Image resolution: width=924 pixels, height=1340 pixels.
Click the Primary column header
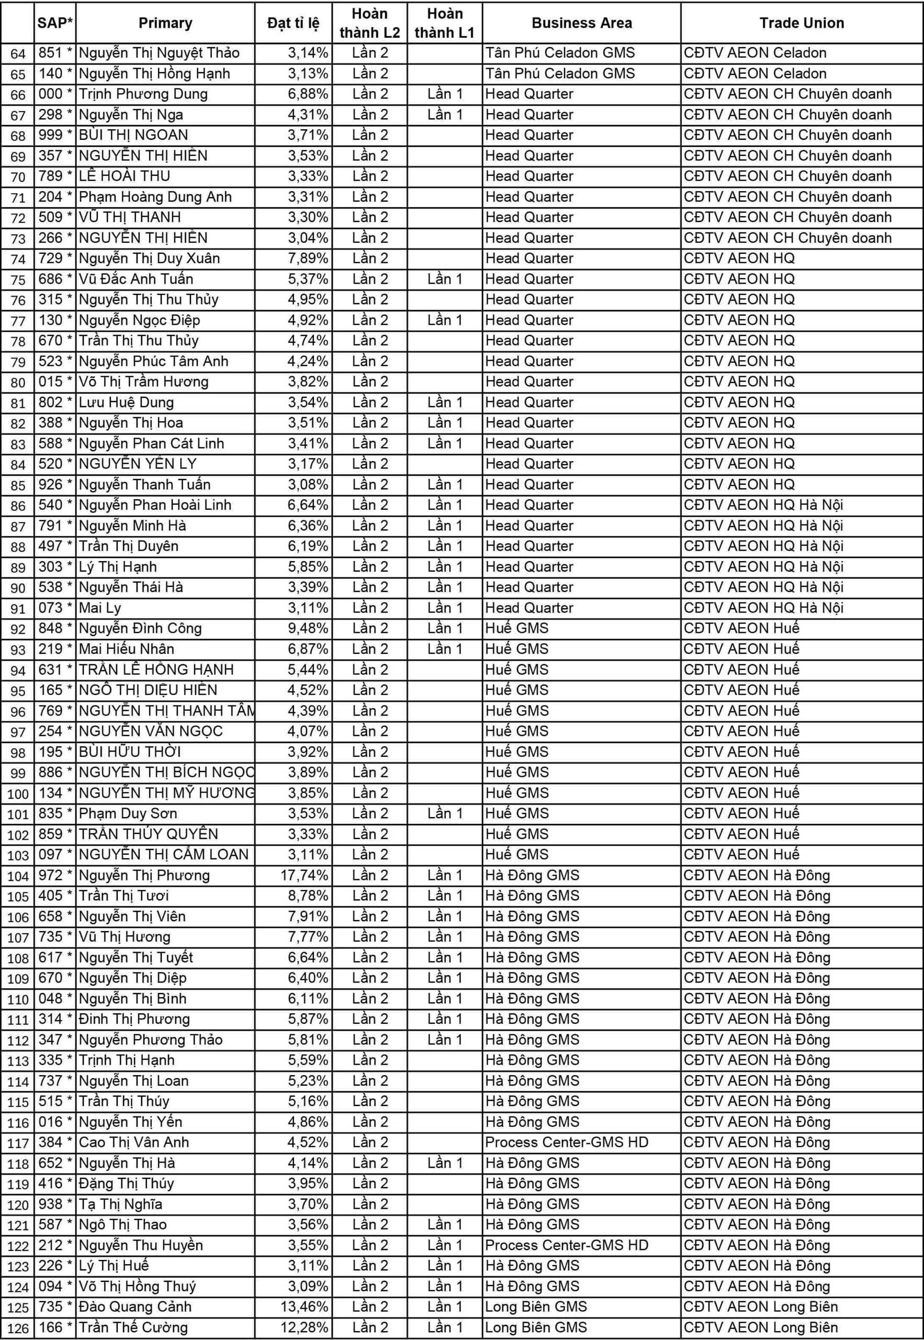(x=165, y=23)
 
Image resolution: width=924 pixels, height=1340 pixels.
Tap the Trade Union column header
(x=801, y=23)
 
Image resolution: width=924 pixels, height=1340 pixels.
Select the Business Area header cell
(x=581, y=23)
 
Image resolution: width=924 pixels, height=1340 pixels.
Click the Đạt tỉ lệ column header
(x=293, y=23)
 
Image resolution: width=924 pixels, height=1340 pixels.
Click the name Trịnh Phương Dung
(x=143, y=94)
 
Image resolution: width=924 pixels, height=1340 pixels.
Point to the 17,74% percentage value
(x=305, y=875)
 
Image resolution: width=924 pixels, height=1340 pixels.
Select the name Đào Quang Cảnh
(x=135, y=1307)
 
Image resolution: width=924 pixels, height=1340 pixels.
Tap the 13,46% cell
(x=305, y=1307)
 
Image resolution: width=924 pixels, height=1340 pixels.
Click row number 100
(x=18, y=794)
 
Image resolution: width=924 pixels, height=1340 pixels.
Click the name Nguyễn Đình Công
(x=140, y=628)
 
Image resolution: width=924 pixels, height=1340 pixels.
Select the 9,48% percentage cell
(x=308, y=628)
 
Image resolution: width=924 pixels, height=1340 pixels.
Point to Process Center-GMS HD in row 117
(x=566, y=1143)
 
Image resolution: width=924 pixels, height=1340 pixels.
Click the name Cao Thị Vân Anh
(x=134, y=1143)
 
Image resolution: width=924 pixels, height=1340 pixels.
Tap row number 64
(x=18, y=53)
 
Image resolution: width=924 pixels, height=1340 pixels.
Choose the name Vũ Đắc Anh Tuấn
(x=136, y=279)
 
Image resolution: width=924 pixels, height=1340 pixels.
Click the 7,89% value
(x=308, y=258)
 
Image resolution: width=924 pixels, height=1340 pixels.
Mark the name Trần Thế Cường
(x=133, y=1327)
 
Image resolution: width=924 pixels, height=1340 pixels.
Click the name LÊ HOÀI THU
(x=125, y=176)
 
